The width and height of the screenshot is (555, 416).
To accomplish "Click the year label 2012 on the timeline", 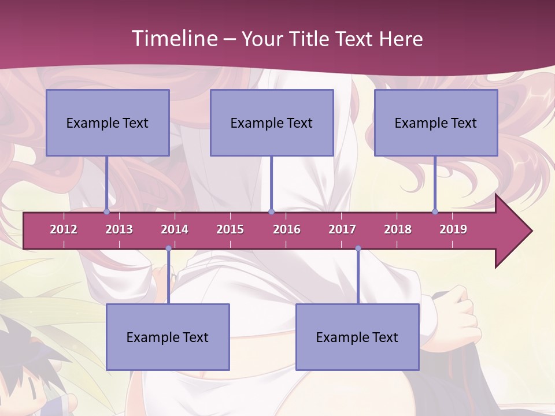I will [x=64, y=229].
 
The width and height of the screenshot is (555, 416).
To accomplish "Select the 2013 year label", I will [x=119, y=229].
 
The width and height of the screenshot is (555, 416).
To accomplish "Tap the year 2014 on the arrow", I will [x=175, y=229].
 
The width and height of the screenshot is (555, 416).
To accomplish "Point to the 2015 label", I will [x=230, y=229].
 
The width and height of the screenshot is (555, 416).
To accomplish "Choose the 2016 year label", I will [x=287, y=229].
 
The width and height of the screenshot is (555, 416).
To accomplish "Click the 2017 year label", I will [x=342, y=229].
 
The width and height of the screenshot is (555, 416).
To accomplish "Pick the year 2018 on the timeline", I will [x=398, y=229].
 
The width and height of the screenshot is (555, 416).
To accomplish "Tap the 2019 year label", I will [x=453, y=229].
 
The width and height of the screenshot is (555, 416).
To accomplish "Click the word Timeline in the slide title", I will [x=173, y=39].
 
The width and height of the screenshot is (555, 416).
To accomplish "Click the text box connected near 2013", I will [x=108, y=122].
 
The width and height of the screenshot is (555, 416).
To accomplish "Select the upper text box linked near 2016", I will [x=272, y=122].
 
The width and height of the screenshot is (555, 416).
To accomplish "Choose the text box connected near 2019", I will [x=436, y=122].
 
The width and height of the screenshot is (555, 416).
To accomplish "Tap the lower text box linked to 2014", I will [x=168, y=337].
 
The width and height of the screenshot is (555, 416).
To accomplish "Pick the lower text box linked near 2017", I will [x=357, y=337].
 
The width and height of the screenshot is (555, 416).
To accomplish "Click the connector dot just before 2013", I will [x=106, y=212].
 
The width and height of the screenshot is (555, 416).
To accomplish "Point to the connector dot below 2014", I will [x=168, y=248].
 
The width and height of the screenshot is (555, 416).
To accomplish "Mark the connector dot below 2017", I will [x=358, y=248].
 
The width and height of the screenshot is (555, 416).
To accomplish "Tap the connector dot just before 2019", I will [x=435, y=212].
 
